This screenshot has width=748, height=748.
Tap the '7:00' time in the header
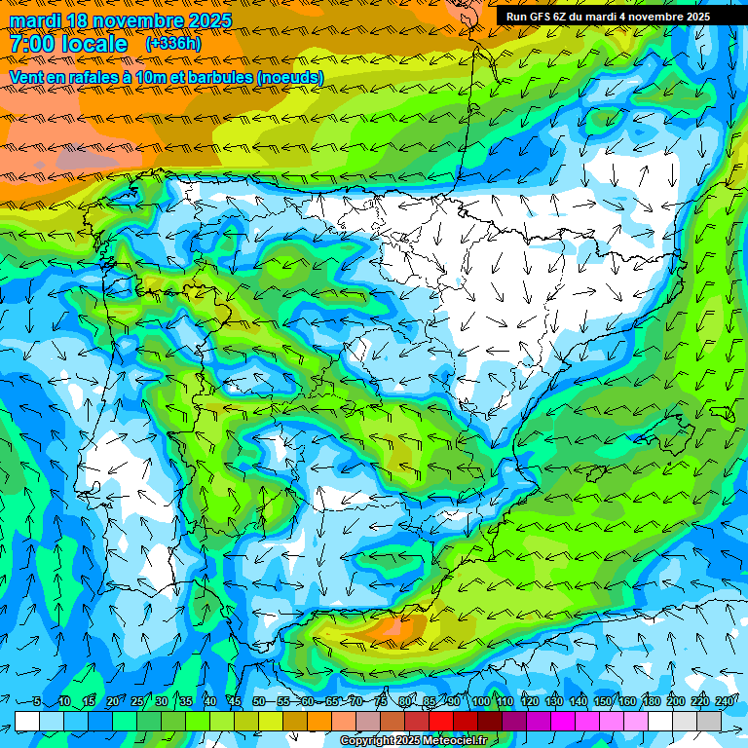click(x=35, y=44)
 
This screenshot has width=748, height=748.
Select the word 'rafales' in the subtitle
click(x=107, y=77)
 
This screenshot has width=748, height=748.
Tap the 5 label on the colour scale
click(x=37, y=702)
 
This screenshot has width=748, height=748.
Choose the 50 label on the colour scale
click(x=258, y=702)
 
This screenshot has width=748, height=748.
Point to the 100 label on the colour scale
click(x=481, y=702)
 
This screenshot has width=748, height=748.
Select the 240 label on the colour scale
click(x=725, y=702)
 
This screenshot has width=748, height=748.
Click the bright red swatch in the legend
click(x=441, y=721)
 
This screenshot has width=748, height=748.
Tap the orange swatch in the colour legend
click(x=319, y=721)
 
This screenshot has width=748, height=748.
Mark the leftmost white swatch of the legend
click(x=27, y=721)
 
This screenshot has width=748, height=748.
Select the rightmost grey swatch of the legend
click(x=709, y=721)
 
